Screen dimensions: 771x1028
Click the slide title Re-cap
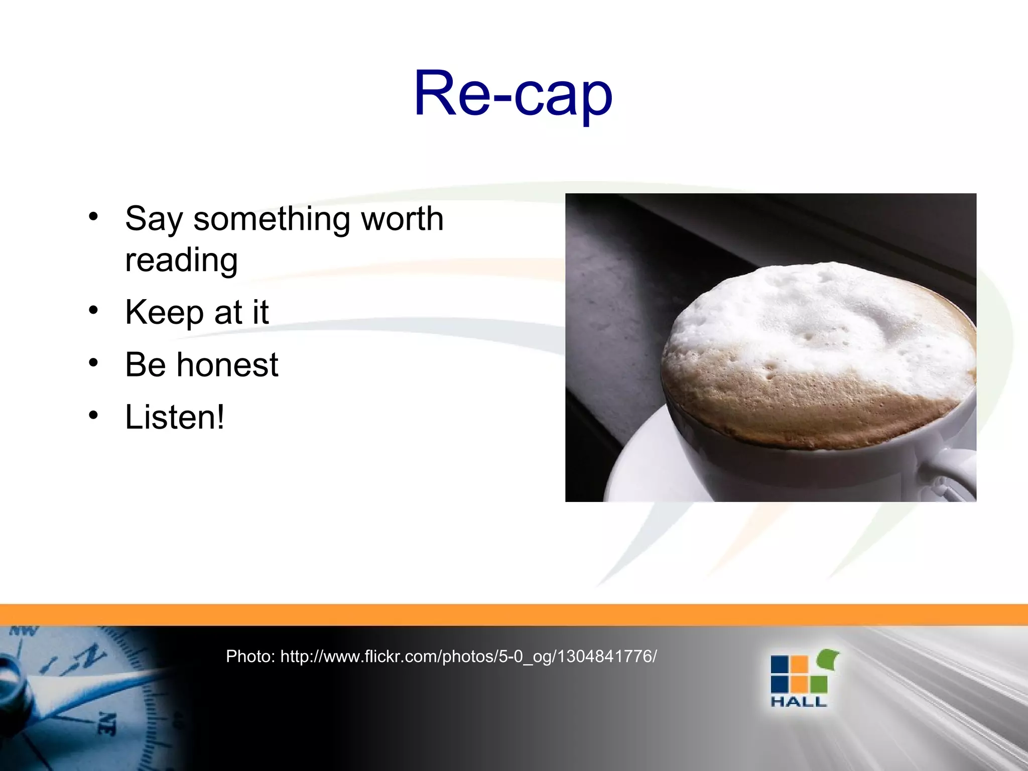coord(513,94)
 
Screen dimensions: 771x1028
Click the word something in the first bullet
coord(271,219)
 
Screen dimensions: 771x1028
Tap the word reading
coord(181,260)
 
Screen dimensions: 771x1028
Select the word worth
coord(402,219)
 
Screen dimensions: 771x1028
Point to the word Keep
coord(164,312)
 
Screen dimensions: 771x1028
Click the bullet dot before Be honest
coord(93,362)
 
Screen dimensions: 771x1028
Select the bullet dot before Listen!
coord(93,415)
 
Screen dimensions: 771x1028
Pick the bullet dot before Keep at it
coord(93,310)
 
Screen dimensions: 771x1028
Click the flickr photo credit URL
coord(468,656)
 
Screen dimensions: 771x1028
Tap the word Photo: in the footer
coord(250,656)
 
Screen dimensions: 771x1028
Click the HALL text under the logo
coord(798,702)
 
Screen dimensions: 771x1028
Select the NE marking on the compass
coord(106,723)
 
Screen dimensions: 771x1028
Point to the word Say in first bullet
coord(154,220)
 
